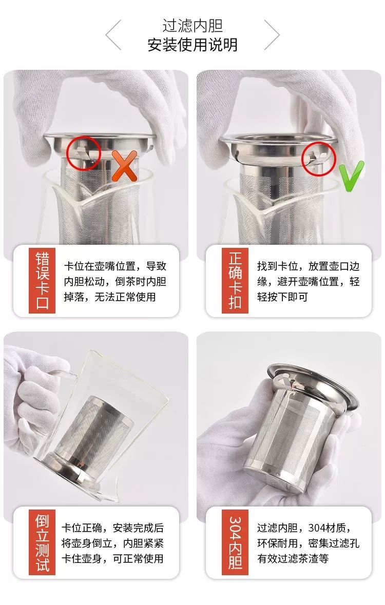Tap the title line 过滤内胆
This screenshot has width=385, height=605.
coord(192,26)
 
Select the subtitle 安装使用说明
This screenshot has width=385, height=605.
coord(192,45)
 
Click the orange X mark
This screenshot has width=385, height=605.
coord(124,166)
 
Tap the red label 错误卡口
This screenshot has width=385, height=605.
coord(42,281)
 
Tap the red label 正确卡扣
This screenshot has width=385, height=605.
coord(235,281)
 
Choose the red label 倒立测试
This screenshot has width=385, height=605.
coord(42,542)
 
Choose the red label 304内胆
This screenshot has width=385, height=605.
coord(235,542)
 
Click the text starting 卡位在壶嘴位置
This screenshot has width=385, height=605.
coord(115,281)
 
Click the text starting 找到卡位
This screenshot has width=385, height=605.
coord(308,281)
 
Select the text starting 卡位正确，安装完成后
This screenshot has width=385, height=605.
coord(112,543)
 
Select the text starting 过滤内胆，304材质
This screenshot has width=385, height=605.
coord(308,543)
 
